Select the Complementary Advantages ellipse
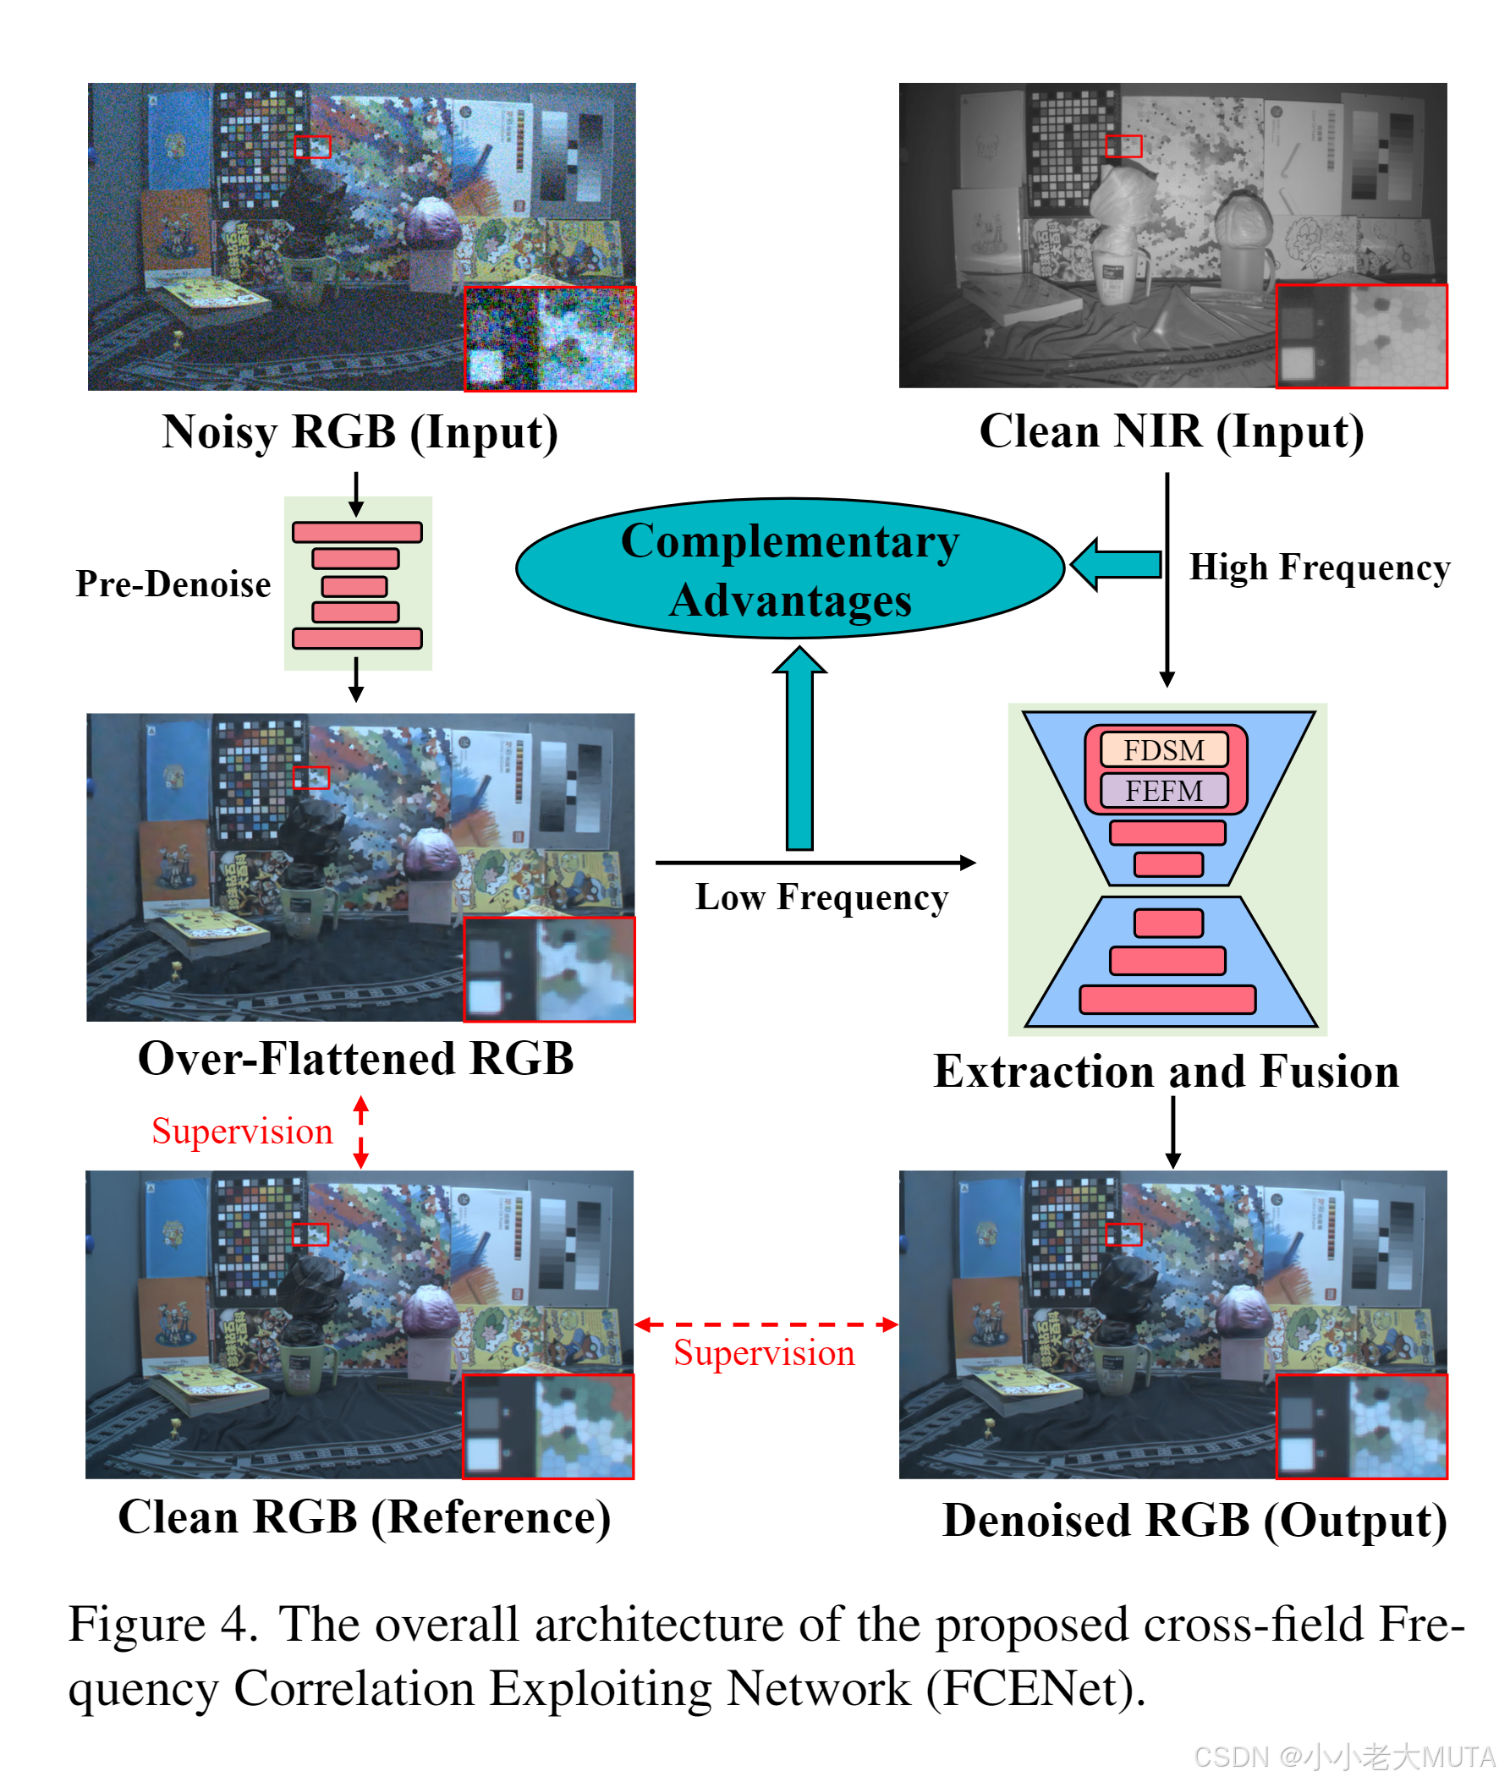(x=789, y=569)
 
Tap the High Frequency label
(x=1318, y=567)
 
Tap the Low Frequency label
(x=821, y=897)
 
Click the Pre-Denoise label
(x=173, y=584)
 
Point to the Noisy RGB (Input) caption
(x=360, y=432)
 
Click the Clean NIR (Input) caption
(x=1171, y=431)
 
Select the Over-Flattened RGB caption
(x=355, y=1059)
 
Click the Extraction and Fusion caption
(x=1166, y=1072)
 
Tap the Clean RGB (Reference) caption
(x=364, y=1517)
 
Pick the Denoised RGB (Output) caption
(x=1194, y=1521)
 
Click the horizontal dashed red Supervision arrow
(x=766, y=1324)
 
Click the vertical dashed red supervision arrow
(x=360, y=1132)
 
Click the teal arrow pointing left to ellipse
(x=1116, y=565)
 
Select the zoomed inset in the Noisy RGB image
(x=550, y=339)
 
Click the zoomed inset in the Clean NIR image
(x=1360, y=337)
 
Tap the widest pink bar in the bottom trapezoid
(x=1167, y=999)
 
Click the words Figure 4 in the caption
(x=162, y=1625)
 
